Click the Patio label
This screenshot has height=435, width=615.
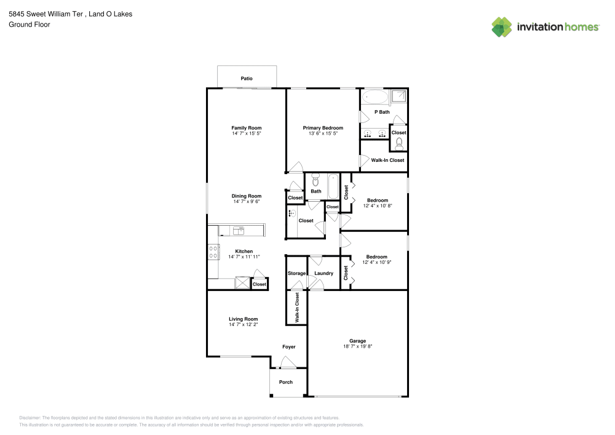click(x=247, y=79)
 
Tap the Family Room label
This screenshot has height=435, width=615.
click(x=246, y=128)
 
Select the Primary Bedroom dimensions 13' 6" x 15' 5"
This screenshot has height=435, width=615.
click(x=323, y=134)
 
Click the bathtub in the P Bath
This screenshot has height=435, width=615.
click(x=375, y=97)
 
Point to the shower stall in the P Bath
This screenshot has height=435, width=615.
click(x=399, y=97)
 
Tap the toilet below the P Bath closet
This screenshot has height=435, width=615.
click(x=399, y=143)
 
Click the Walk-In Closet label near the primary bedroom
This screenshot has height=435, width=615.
click(x=387, y=160)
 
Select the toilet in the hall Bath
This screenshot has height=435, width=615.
click(x=315, y=180)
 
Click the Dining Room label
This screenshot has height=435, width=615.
click(x=246, y=196)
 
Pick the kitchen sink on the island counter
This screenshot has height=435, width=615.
click(x=239, y=231)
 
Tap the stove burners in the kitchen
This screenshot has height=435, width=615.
click(x=213, y=252)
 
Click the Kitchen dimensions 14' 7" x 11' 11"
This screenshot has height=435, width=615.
click(x=244, y=257)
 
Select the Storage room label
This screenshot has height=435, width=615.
click(x=296, y=273)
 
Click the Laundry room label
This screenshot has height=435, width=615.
click(x=323, y=273)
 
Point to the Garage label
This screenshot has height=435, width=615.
click(x=357, y=341)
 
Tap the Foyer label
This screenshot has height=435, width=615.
click(x=289, y=347)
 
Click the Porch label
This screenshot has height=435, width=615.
click(x=286, y=382)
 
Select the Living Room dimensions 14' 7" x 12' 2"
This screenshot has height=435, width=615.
click(x=243, y=324)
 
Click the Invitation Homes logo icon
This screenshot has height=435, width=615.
click(x=501, y=26)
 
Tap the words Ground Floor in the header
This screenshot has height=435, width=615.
click(x=29, y=25)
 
